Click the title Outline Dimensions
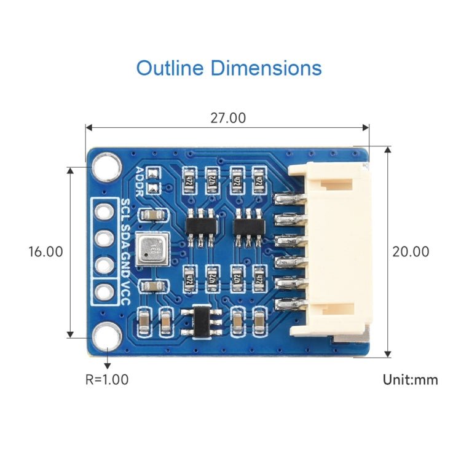(x=229, y=68)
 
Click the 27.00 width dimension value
(x=228, y=118)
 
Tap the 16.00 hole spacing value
(x=45, y=251)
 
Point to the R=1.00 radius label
(x=107, y=379)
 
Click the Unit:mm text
(x=411, y=379)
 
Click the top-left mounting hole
(x=106, y=165)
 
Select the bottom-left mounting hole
(x=106, y=337)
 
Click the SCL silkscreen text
(x=125, y=210)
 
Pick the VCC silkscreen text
(x=125, y=290)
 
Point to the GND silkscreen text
(x=125, y=263)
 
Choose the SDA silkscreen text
(x=125, y=236)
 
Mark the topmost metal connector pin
(x=289, y=199)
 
